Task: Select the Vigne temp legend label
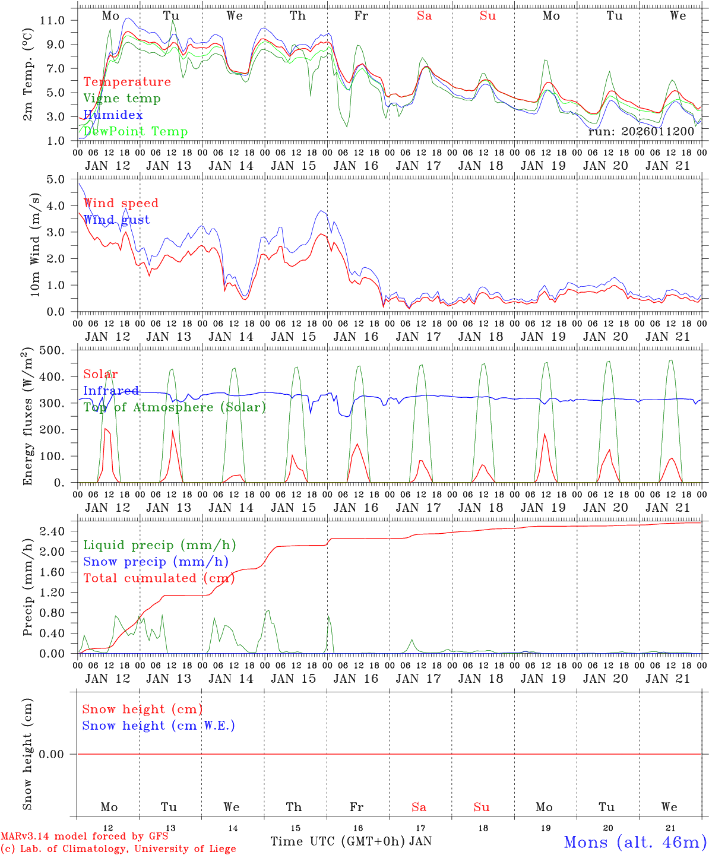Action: coord(122,98)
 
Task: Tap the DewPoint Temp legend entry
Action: coord(135,131)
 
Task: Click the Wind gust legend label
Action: coord(116,220)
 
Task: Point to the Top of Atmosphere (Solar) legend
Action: coord(175,407)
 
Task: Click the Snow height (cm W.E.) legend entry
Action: coord(159,726)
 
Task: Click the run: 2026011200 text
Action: coord(641,131)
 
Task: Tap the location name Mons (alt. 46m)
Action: coord(635,842)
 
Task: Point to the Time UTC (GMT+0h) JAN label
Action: coord(351,841)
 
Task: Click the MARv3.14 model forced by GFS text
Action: coord(84,837)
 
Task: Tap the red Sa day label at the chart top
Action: coord(424,16)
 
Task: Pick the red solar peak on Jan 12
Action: coord(105,428)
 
